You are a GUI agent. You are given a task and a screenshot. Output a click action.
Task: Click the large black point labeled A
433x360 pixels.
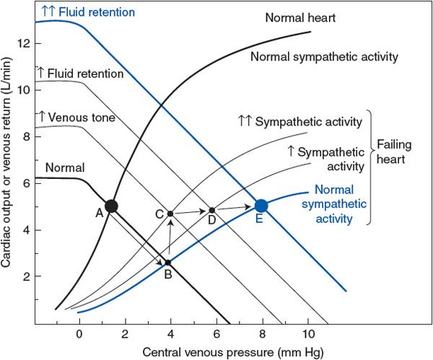tap(110, 206)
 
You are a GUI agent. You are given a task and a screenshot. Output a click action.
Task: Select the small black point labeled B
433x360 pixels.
tap(167, 263)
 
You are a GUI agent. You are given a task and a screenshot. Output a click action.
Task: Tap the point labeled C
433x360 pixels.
tap(170, 214)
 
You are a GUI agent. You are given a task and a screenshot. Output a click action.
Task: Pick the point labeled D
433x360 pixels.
tap(211, 211)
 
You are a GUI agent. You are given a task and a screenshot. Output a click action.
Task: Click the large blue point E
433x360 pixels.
tap(261, 206)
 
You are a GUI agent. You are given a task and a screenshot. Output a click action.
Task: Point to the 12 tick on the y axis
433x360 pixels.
tap(31, 43)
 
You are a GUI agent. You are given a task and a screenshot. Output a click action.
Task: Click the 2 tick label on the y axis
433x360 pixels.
tap(25, 276)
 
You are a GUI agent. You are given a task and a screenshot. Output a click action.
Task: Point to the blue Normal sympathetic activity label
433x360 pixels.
tap(340, 204)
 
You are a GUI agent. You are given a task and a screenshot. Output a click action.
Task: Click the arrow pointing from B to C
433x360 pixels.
tap(170, 239)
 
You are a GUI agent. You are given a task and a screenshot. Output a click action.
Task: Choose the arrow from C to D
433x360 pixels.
tap(191, 212)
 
